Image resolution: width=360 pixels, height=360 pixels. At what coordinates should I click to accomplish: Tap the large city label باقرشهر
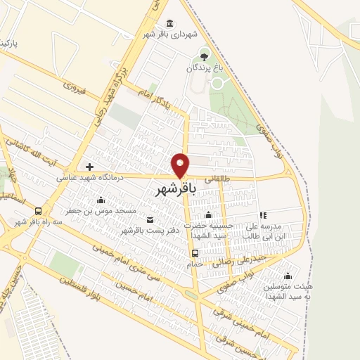tap(173, 190)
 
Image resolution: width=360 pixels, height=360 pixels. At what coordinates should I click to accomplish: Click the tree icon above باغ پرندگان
tap(204, 56)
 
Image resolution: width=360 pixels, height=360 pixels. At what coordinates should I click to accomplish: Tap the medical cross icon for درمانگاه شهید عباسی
tap(89, 167)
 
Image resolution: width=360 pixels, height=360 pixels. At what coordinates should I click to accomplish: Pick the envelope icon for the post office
tap(148, 219)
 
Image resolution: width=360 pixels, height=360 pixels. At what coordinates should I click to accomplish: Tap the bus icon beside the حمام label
tap(195, 253)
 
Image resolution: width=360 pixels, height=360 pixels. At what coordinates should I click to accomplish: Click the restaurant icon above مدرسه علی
tap(262, 215)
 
